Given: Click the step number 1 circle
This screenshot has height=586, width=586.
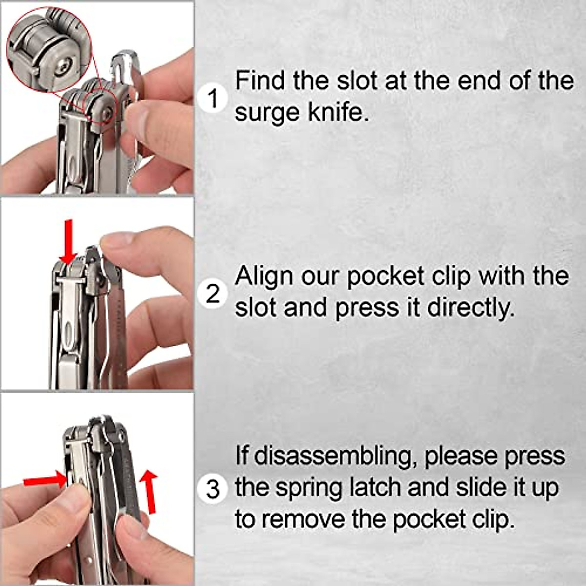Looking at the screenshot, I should click(x=213, y=98).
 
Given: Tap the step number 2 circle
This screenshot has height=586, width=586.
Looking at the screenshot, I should click(x=213, y=294).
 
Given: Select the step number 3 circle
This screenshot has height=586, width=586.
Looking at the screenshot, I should click(x=213, y=489).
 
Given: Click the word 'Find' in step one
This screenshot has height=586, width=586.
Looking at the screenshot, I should click(x=259, y=80).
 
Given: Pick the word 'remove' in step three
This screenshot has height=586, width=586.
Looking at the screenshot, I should click(x=306, y=519).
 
